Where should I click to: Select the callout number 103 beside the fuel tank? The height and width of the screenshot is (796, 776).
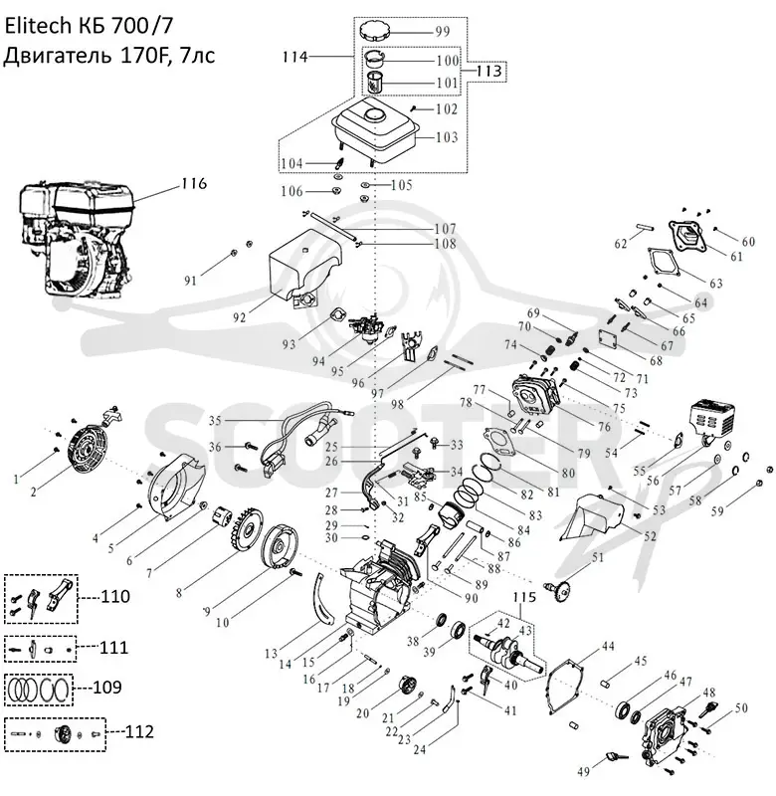pos(447,137)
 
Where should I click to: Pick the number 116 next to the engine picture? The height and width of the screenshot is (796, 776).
pos(194,183)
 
